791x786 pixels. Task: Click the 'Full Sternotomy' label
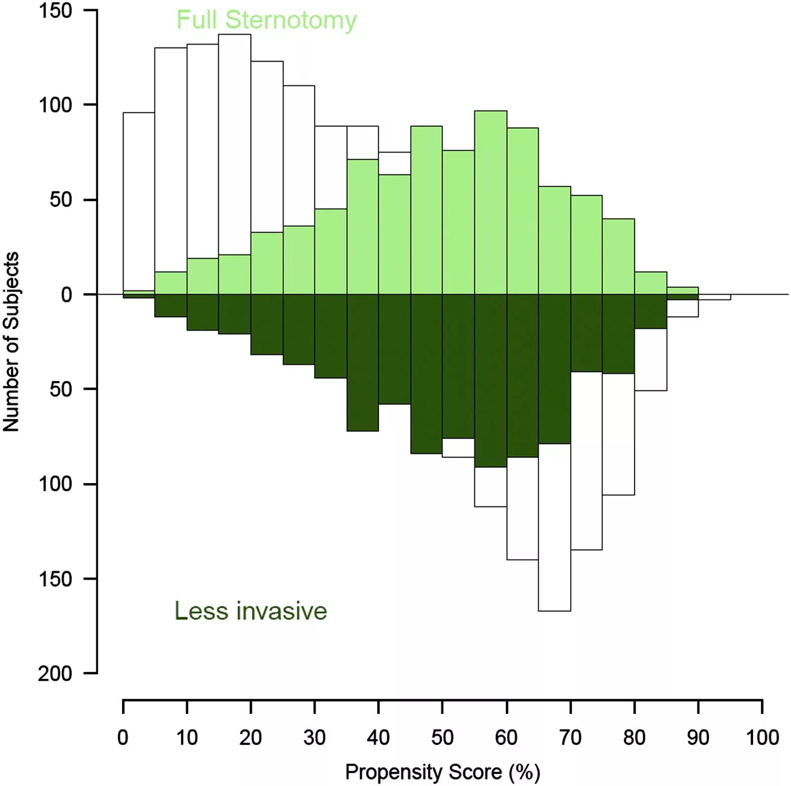tap(266, 20)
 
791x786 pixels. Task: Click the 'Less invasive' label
tap(250, 611)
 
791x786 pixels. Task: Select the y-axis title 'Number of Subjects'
tap(11, 341)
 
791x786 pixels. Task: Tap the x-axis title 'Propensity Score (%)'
tap(442, 772)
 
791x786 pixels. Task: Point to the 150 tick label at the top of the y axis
tap(55, 10)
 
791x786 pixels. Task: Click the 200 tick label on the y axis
tap(55, 673)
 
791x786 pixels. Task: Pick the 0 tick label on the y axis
tap(66, 294)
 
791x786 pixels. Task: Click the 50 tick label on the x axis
tap(442, 738)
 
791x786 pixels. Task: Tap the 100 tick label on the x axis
tap(762, 738)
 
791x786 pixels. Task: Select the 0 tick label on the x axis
tap(123, 738)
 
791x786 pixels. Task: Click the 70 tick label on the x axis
tap(570, 738)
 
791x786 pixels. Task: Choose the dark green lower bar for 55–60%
tap(490, 380)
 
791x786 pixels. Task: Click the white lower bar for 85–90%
tap(682, 308)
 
